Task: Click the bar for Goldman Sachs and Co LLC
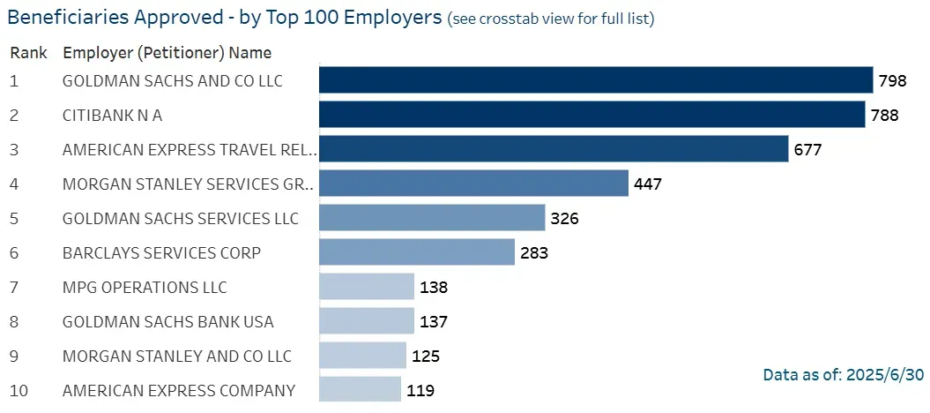tap(595, 80)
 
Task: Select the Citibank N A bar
tap(591, 115)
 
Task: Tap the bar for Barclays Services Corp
tap(416, 252)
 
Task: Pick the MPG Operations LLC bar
tap(366, 287)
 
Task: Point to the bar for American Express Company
tap(359, 390)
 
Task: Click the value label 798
tap(893, 81)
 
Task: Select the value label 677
tap(807, 149)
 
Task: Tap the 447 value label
tap(647, 184)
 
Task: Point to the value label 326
tap(564, 218)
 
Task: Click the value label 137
tap(433, 321)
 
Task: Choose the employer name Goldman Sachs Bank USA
tap(168, 321)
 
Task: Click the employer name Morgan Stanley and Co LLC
tap(177, 356)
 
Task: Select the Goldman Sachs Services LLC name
tap(181, 218)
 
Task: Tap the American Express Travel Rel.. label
tap(189, 149)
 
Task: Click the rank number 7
tap(14, 287)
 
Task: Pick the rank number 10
tap(19, 390)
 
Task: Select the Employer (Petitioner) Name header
tap(167, 52)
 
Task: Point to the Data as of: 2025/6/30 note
tap(843, 375)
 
